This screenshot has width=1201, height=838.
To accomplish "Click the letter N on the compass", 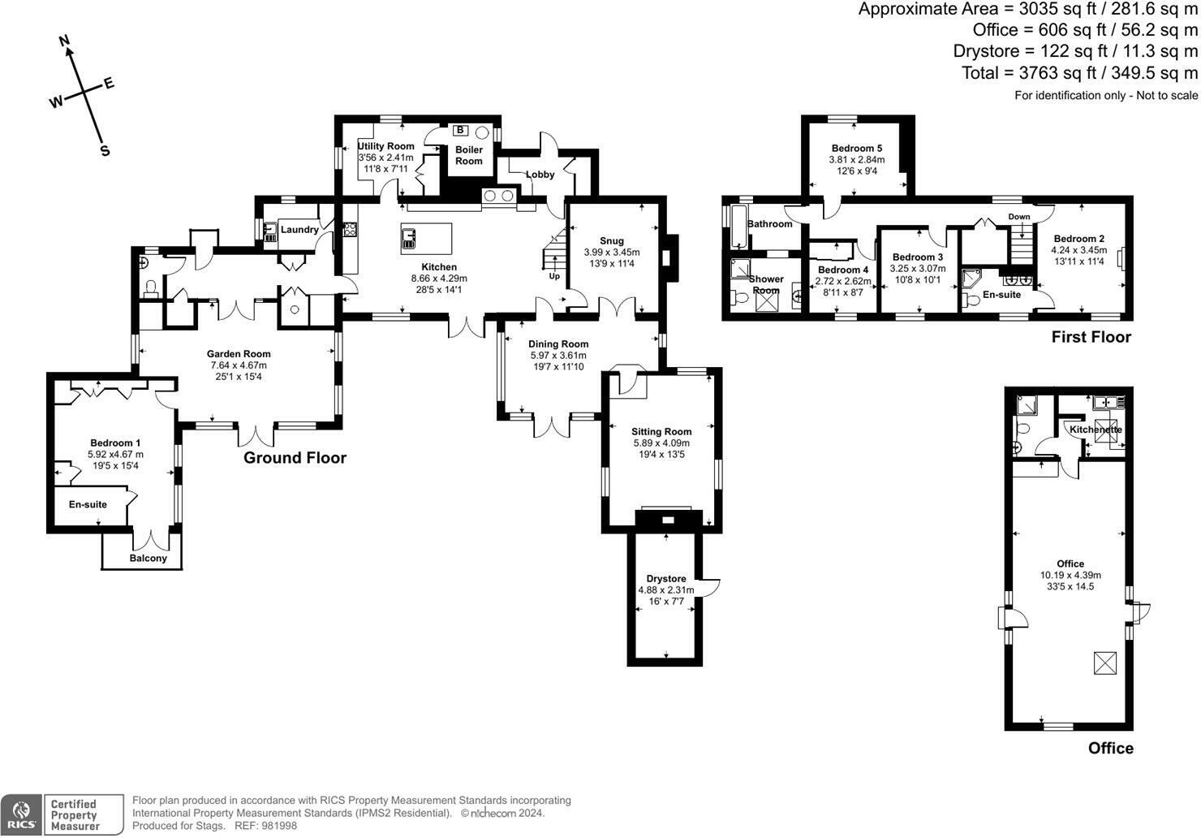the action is (64, 41).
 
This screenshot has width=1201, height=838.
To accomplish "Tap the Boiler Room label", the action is (468, 155).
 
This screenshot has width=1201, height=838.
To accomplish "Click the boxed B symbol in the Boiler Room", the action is (460, 131).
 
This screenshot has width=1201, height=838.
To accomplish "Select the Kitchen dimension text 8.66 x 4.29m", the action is (439, 279).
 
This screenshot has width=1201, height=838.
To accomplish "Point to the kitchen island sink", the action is (408, 239).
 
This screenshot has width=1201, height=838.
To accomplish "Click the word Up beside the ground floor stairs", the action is (554, 276).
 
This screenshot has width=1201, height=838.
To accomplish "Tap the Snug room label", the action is (612, 241).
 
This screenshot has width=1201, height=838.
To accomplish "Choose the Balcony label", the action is (148, 558).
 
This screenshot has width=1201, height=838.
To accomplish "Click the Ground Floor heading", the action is (295, 458).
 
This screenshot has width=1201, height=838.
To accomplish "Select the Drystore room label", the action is (666, 579).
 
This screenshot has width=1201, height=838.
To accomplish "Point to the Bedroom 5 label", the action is (857, 148).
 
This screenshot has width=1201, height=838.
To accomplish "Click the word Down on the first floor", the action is (1019, 217).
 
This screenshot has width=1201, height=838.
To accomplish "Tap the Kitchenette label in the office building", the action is (1096, 430).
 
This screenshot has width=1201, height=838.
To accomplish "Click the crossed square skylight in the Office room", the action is (1105, 663).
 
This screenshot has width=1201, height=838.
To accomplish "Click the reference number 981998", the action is (278, 826).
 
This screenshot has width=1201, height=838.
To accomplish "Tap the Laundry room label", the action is (299, 230).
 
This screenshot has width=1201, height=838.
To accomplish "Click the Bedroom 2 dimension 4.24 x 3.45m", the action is (1078, 250).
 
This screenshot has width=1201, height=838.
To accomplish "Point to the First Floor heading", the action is (1091, 337).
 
